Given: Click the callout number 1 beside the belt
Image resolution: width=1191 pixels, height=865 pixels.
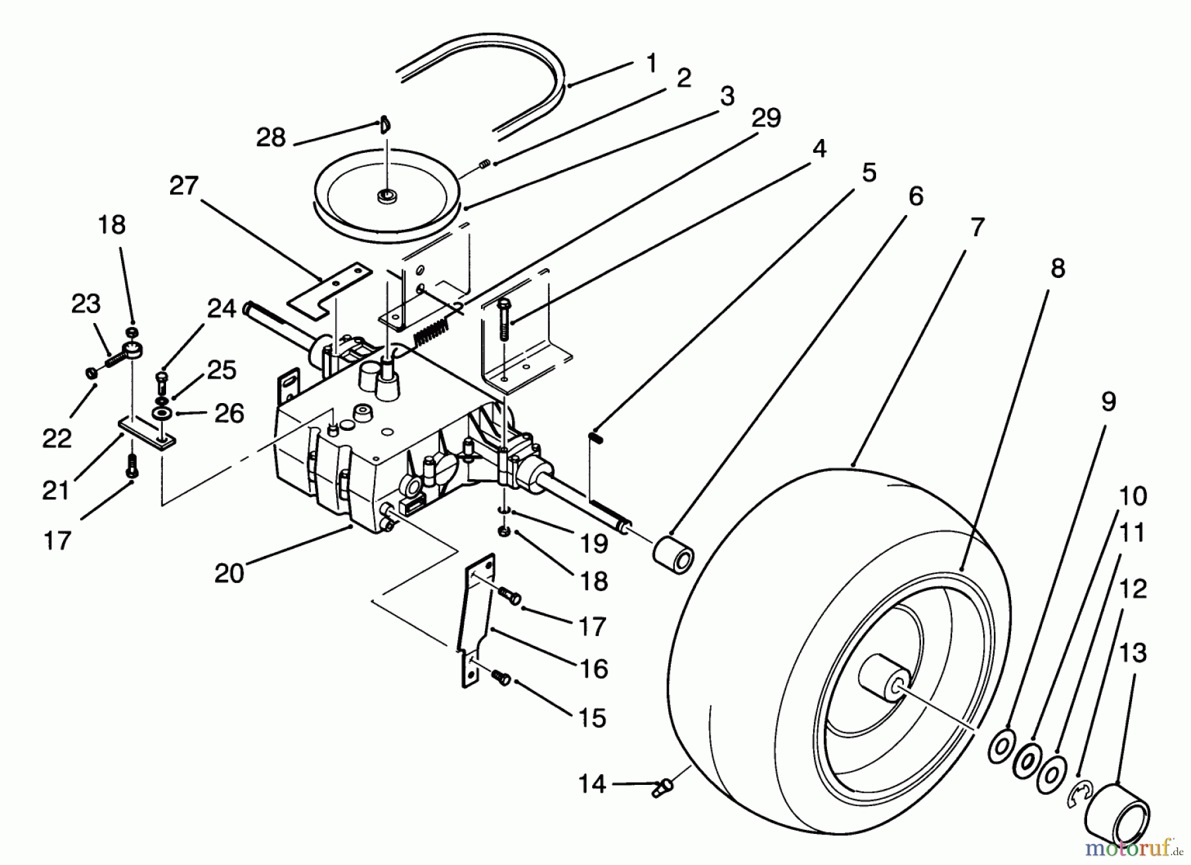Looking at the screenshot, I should point(652,64).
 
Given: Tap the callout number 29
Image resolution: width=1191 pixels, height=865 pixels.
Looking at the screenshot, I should point(766,118).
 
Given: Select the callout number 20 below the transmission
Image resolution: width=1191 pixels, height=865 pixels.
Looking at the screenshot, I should point(229,572).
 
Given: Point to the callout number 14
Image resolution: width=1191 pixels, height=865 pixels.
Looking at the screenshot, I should point(591,784).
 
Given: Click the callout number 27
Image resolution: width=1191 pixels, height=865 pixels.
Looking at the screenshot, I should point(184,186).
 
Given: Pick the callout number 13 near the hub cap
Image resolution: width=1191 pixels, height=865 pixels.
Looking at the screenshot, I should point(1132,653).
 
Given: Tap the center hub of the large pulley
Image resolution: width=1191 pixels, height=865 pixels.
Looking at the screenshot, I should point(383,196).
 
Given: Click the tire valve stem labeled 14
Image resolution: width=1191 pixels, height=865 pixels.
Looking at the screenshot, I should point(662,786).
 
